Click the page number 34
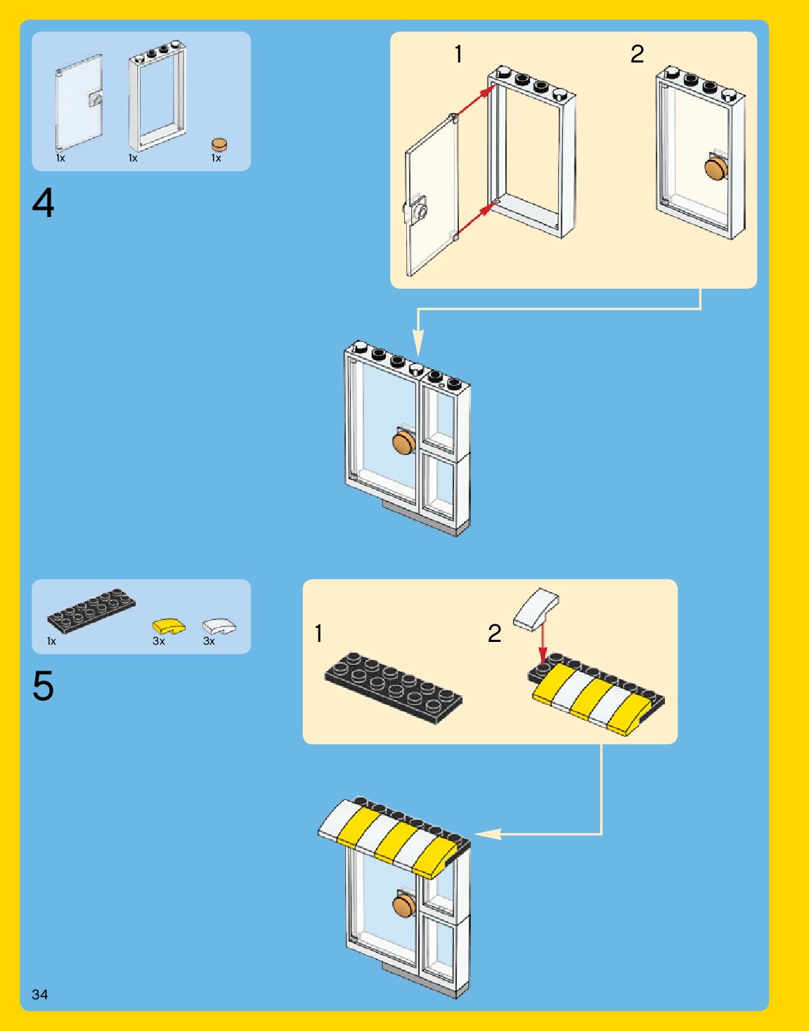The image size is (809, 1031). tap(39, 994)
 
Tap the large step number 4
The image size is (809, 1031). tap(43, 204)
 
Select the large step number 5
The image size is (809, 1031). tap(43, 686)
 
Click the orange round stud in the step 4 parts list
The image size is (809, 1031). tap(220, 144)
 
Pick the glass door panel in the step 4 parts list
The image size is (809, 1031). tap(79, 103)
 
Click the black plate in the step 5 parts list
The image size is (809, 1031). tap(91, 610)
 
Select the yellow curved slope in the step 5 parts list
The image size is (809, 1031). tap(169, 625)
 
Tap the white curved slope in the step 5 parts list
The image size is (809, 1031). tap(219, 625)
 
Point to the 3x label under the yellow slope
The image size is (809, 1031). tap(159, 641)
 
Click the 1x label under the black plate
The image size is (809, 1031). tap(51, 641)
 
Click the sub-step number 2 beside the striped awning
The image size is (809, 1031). tap(495, 633)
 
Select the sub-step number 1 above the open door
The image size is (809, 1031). tap(458, 54)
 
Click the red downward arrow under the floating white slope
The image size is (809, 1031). tap(542, 643)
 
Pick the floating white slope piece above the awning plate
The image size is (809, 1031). tap(536, 608)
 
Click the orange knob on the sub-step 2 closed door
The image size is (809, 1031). tap(716, 169)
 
